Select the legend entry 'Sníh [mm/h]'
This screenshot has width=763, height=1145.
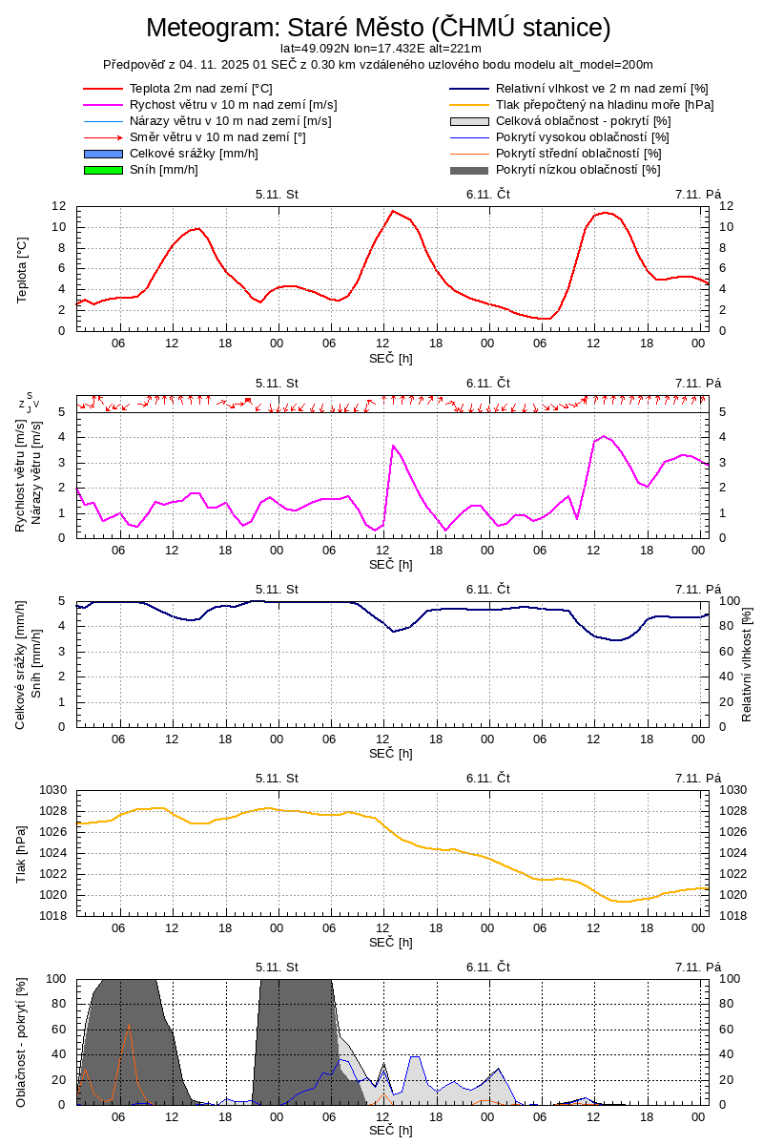(x=164, y=170)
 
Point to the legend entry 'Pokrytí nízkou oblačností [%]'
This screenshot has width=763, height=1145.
(x=578, y=170)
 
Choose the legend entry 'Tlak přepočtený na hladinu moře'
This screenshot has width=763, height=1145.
(x=605, y=105)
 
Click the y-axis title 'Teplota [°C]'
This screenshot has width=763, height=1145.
(x=23, y=270)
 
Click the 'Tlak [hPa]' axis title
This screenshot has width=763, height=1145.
(x=23, y=853)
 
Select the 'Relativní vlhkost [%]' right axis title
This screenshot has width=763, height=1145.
(x=747, y=663)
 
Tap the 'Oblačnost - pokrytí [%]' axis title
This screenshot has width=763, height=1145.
(x=23, y=1042)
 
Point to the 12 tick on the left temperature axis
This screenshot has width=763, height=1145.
(x=59, y=206)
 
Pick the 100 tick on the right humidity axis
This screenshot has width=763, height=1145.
(x=728, y=601)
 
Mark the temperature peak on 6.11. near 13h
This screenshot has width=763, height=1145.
(x=393, y=211)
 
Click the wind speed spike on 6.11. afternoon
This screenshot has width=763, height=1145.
(x=393, y=446)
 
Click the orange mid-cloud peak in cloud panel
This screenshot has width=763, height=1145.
(x=130, y=1026)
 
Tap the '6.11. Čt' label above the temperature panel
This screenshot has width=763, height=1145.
(x=488, y=194)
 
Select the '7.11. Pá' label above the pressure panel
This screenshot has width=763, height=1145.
(x=698, y=778)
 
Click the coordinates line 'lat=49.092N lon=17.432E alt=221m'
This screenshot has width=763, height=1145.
(x=381, y=48)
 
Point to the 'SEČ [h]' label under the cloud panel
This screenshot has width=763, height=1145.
(x=391, y=1130)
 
